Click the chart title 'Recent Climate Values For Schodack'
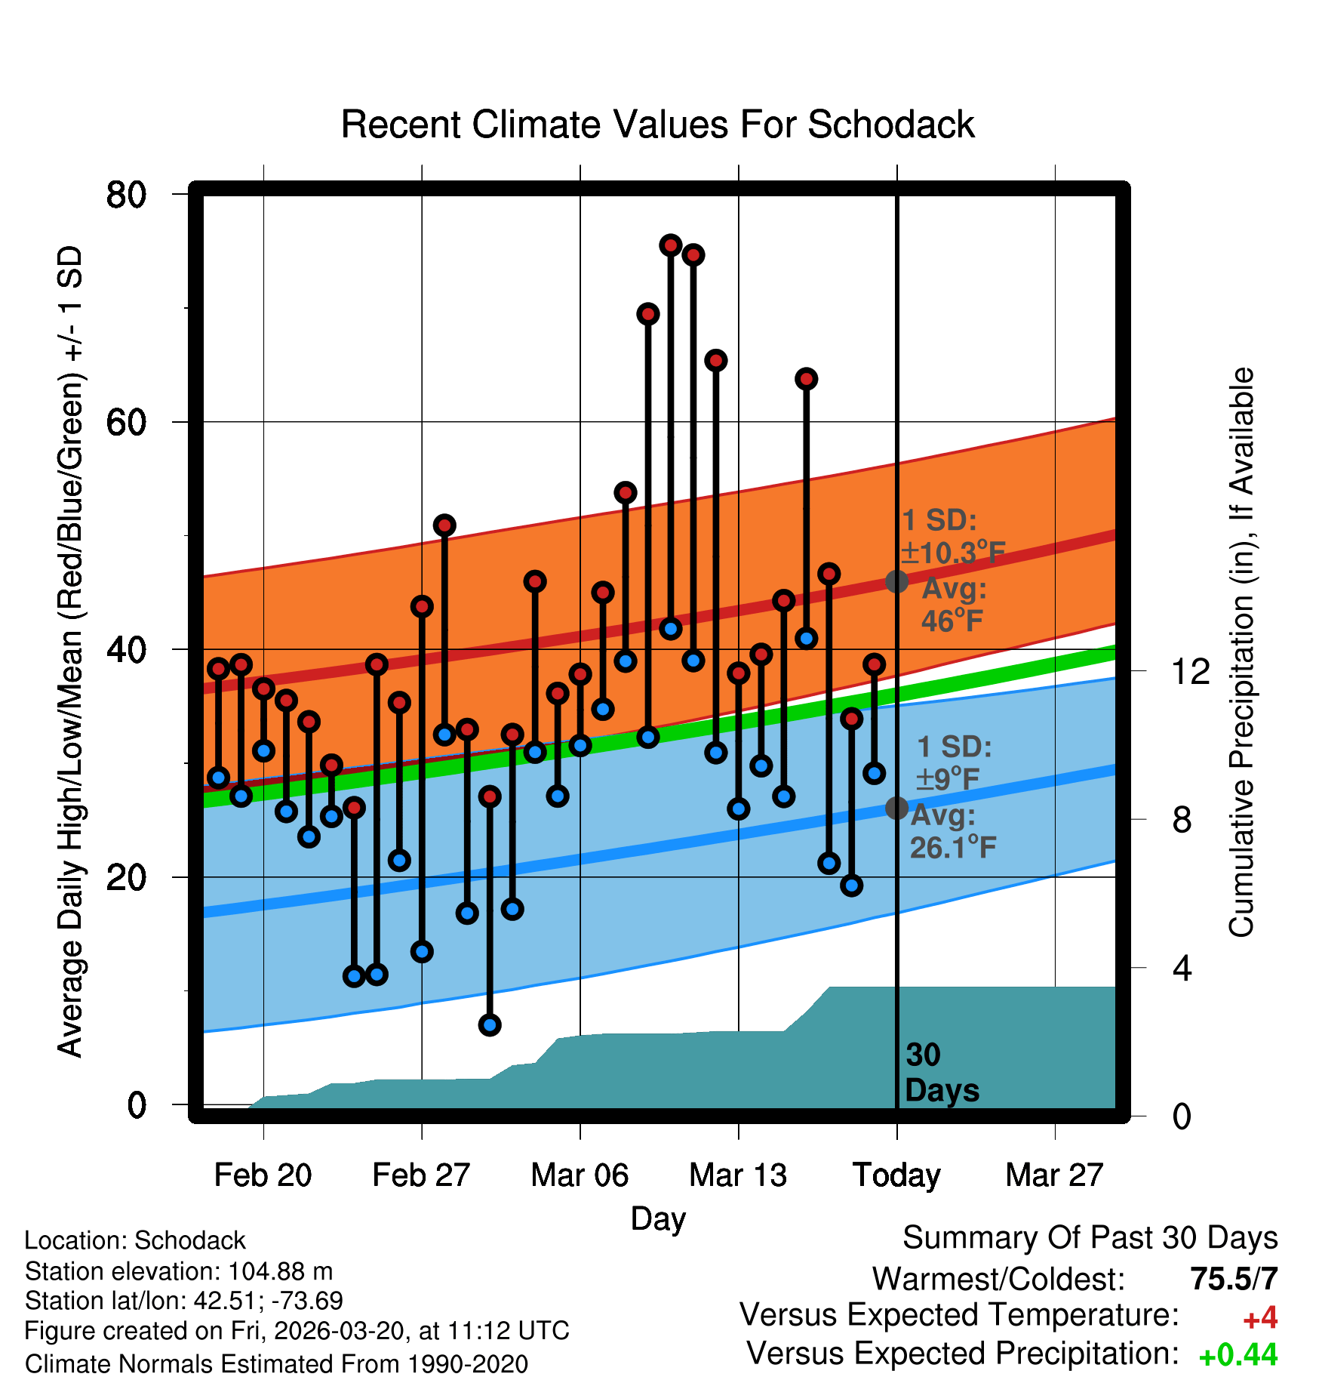click(657, 125)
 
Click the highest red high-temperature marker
click(671, 245)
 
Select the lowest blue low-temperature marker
click(490, 1024)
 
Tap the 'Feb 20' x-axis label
click(263, 1175)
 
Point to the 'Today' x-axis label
click(896, 1175)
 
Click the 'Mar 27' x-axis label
click(1054, 1175)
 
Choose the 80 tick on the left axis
click(126, 195)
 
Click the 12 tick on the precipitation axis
click(1191, 671)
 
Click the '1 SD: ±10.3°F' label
click(952, 537)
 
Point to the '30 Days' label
click(941, 1073)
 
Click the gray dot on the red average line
click(896, 581)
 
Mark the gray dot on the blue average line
click(896, 808)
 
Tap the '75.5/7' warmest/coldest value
click(1234, 1279)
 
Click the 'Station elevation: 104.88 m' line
click(179, 1271)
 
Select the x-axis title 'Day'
click(658, 1218)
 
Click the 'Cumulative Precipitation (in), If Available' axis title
click(1241, 653)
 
